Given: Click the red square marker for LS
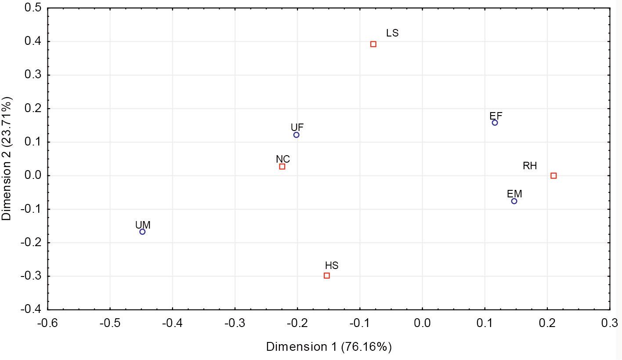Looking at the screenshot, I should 373,44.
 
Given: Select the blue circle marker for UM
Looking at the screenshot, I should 142,232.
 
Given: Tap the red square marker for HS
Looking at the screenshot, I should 327,276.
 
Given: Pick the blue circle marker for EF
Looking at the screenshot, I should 495,123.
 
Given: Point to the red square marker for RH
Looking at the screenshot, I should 553,176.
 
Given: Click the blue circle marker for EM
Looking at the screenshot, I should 514,201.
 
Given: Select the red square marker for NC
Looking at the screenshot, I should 282,167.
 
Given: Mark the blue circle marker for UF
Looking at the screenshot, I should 297,135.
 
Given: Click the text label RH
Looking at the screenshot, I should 530,166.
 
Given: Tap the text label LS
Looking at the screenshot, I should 392,33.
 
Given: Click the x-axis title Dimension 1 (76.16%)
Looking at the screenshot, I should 329,347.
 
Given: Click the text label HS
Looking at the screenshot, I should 332,265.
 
